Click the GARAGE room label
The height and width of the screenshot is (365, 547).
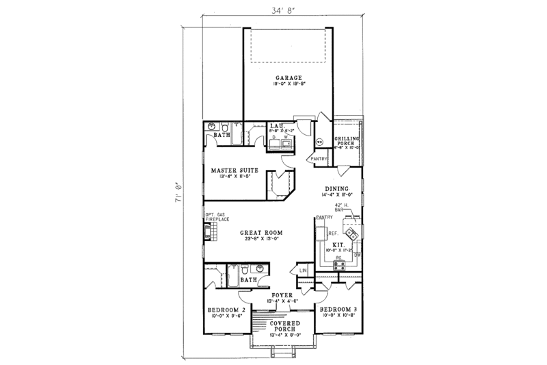click(x=288, y=78)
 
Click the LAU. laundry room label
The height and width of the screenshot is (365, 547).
click(x=277, y=126)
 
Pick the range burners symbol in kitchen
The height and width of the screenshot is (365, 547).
click(x=338, y=265)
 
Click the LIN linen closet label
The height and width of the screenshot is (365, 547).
click(x=304, y=273)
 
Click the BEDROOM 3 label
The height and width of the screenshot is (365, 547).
click(x=338, y=310)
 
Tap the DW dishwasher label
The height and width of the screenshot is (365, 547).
click(x=357, y=254)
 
